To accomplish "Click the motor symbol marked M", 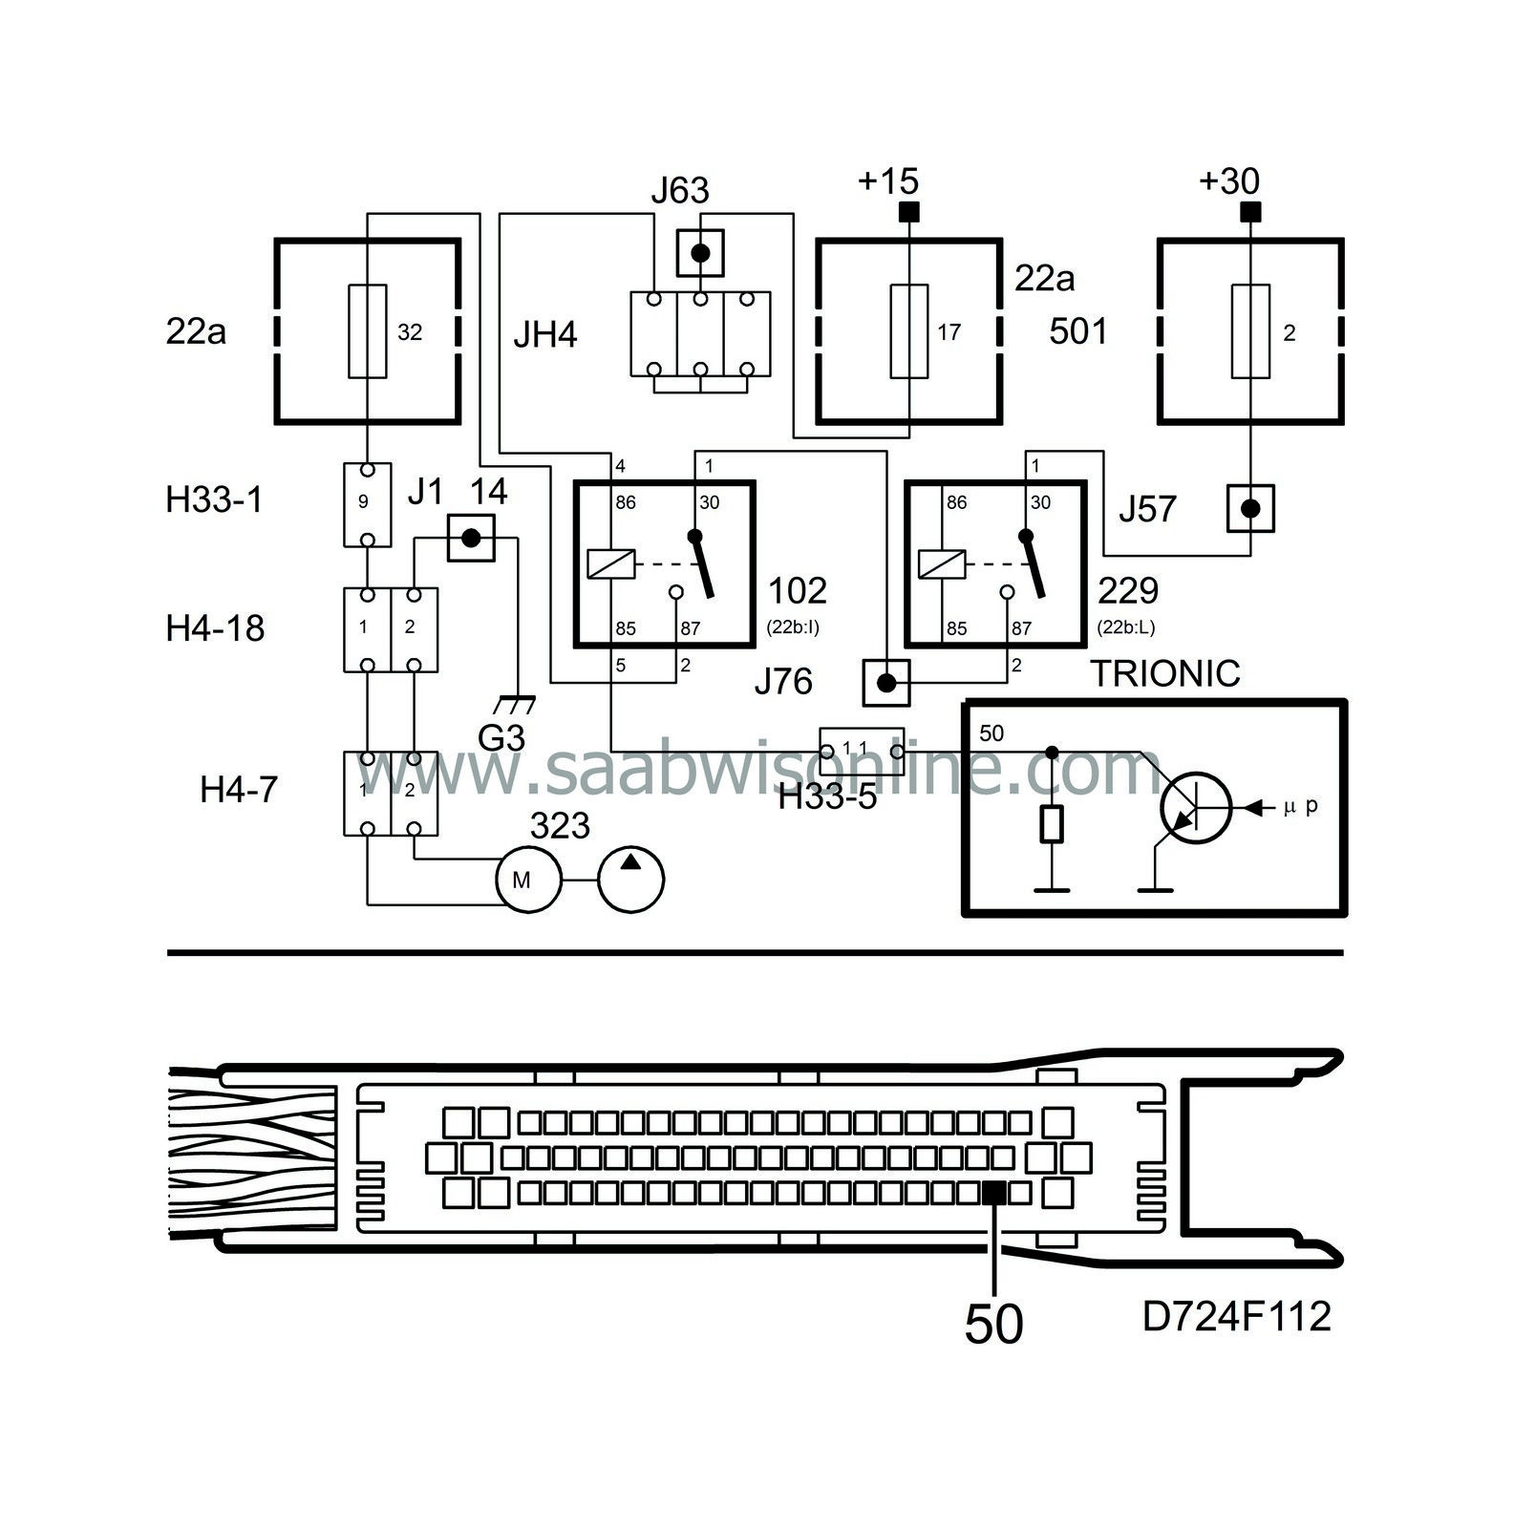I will click(522, 880).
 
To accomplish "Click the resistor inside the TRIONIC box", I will click(1052, 824).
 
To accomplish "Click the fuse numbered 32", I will click(368, 331).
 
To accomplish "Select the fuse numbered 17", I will click(908, 331).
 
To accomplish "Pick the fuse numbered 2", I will click(1250, 331).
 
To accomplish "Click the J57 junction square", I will click(1250, 508).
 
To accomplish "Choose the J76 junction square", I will click(886, 683).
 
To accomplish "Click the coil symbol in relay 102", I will click(611, 564).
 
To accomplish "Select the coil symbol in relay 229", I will click(942, 564).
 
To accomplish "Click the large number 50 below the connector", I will click(993, 1325).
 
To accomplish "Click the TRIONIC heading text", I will click(1165, 674).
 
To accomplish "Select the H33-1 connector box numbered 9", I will click(368, 504).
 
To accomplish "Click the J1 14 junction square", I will click(471, 539).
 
